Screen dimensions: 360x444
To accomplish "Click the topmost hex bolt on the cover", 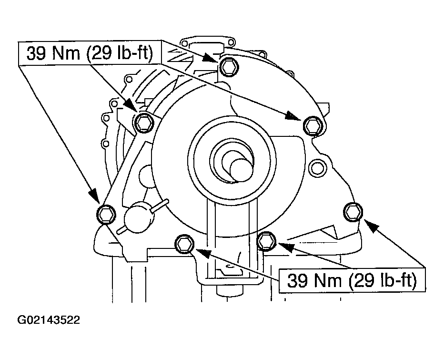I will point(228,67).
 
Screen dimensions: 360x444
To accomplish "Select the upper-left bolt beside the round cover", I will point(143,123).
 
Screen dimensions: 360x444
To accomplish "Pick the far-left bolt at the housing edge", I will point(106,214).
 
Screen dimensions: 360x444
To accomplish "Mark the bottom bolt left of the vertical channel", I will point(184,244).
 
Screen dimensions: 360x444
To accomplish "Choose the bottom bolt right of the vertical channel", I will point(266,241).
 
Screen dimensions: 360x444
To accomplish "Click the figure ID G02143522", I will point(49,320).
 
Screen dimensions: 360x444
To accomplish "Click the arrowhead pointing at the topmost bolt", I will point(210,58).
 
